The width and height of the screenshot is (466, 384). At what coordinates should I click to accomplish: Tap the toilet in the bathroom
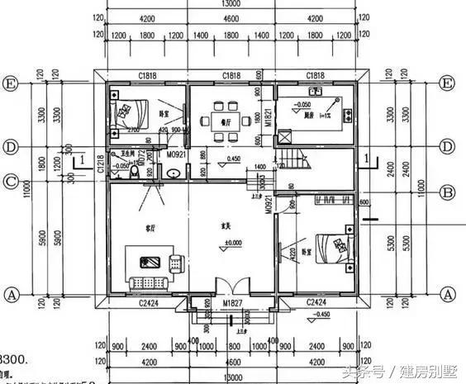[x=173, y=173]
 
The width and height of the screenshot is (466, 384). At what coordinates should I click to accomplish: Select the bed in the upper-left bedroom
[x=131, y=111]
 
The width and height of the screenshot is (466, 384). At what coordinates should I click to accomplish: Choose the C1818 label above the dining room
[x=231, y=75]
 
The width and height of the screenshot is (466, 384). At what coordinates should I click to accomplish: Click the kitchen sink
[x=313, y=91]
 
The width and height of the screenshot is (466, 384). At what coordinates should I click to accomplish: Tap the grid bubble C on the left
[x=12, y=182]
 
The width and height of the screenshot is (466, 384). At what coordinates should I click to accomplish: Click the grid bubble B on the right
[x=449, y=192]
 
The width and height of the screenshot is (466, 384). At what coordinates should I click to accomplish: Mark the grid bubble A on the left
[x=12, y=294]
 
